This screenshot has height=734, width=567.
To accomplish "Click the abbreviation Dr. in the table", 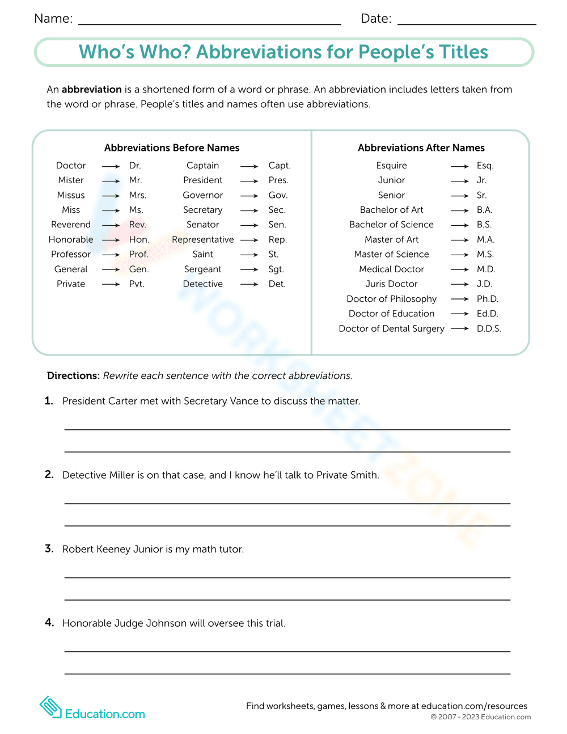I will coord(135,166).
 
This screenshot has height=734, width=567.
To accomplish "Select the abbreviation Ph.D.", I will coord(488,299).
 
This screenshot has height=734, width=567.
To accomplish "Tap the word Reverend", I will coord(71,225).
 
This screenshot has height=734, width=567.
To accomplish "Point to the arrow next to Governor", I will coord(249,196).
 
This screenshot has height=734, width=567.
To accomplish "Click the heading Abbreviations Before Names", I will coord(172,148).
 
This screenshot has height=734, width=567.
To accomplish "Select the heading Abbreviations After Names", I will coord(421,148).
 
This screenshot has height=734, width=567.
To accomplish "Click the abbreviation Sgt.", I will coord(276,269).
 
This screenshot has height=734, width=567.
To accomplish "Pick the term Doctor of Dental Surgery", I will coord(391,328).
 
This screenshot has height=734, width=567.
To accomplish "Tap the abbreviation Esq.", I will coord(485,166).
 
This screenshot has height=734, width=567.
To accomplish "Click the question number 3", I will coord(49,549).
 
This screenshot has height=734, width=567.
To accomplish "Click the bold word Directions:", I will coord(73,376).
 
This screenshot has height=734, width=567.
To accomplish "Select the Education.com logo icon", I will coord(50,707).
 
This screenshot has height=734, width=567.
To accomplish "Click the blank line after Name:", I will coord(210,23).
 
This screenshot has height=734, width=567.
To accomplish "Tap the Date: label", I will coord(376,19).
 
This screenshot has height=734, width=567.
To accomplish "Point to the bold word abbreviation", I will coord(92,90).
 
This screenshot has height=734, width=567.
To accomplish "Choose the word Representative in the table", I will coord(202,240).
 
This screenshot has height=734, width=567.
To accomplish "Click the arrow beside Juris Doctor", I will coord(460,284).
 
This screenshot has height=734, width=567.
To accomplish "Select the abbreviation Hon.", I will coord(139,240).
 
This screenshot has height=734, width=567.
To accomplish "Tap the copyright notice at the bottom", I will coord(481,717).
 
